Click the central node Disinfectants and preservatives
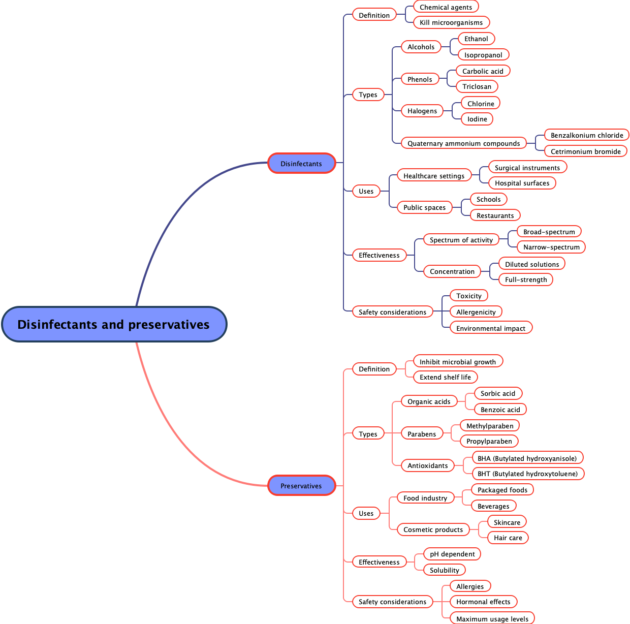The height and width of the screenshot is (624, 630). tap(114, 324)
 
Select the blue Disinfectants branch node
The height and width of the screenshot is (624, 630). tap(301, 164)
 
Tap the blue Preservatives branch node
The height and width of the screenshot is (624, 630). tap(301, 486)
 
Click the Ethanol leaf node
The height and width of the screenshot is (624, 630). tap(476, 39)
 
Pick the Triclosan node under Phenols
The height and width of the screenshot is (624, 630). tap(477, 86)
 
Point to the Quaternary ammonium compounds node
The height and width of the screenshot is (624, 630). tap(463, 143)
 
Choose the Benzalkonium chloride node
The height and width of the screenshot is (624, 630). tap(587, 135)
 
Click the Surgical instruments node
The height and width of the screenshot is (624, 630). tap(527, 168)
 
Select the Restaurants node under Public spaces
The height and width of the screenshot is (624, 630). tap(495, 215)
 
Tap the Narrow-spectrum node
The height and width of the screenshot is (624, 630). tap(551, 247)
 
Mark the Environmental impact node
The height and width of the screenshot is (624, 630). tap(491, 328)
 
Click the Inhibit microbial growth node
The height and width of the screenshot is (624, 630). tap(458, 362)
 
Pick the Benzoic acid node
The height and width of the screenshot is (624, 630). tap(500, 410)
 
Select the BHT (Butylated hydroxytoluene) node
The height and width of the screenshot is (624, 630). tap(527, 474)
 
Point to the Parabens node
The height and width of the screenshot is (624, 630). tap(422, 434)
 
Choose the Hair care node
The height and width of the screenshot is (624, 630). tap(508, 538)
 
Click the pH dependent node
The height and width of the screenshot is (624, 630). tap(452, 554)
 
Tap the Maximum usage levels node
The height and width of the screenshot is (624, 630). tap(492, 618)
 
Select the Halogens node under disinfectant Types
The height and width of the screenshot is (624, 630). tap(422, 111)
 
